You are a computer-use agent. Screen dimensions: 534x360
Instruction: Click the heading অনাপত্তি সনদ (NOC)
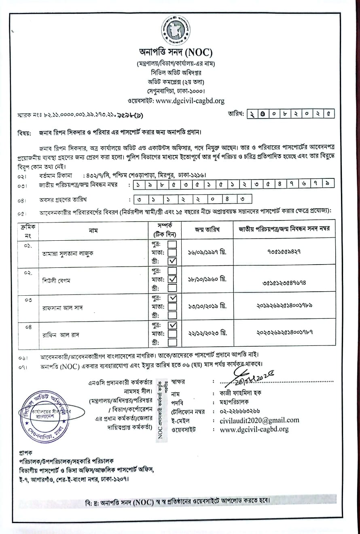click(x=176, y=53)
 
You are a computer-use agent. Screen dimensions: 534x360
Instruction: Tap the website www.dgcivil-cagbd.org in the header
click(x=190, y=101)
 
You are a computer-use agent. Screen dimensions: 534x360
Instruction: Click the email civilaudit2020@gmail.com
click(x=260, y=420)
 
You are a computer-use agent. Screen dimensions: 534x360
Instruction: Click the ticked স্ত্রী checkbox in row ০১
click(x=172, y=261)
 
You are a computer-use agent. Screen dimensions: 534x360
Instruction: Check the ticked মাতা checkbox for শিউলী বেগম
click(x=172, y=279)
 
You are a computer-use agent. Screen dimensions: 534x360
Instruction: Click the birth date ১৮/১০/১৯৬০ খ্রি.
click(x=207, y=279)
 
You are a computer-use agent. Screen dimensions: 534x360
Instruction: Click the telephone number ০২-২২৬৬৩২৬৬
click(x=240, y=411)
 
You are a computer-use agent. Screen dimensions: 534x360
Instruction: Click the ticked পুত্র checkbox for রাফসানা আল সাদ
click(x=172, y=298)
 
